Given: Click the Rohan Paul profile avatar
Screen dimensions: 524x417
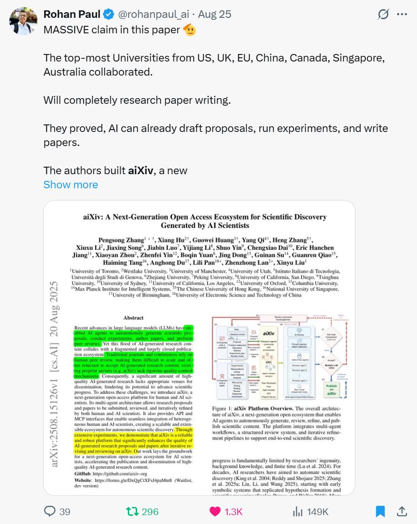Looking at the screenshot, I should point(23,21).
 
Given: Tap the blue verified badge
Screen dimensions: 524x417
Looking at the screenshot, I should point(108,15).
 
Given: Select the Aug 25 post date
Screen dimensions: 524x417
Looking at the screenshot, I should point(215,15).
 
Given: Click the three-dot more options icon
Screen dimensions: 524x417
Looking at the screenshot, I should point(402,15).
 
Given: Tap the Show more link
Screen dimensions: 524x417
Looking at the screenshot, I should point(70,185).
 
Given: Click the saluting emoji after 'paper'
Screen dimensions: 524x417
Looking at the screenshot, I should point(189,30).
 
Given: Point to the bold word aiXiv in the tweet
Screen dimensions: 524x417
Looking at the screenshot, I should point(140,170).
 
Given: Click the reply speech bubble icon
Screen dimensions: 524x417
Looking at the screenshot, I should point(50,511).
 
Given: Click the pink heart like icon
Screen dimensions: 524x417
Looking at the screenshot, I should point(215,511).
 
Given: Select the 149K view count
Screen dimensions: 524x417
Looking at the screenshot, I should point(317,511).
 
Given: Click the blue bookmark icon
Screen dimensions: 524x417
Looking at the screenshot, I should point(380,511).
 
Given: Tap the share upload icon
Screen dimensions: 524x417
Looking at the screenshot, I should point(402,511).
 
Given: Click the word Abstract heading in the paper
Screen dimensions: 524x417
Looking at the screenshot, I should point(133,318).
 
